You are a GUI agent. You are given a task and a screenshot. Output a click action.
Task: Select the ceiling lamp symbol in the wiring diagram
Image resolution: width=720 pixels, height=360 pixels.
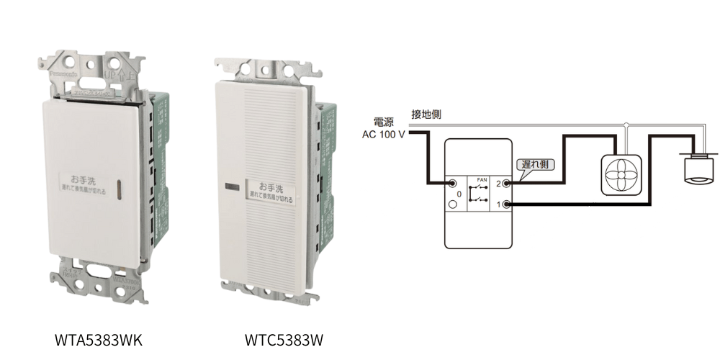click(696, 170)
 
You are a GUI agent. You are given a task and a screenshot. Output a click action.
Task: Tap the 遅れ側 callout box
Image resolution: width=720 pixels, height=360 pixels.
click(534, 164)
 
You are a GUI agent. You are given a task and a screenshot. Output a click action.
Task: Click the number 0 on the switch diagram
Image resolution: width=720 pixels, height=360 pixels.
click(459, 194)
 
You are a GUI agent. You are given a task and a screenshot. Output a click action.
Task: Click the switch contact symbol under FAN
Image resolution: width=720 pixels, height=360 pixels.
click(479, 194)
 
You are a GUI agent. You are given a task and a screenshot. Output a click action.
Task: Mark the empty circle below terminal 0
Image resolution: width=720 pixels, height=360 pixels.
click(452, 206)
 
